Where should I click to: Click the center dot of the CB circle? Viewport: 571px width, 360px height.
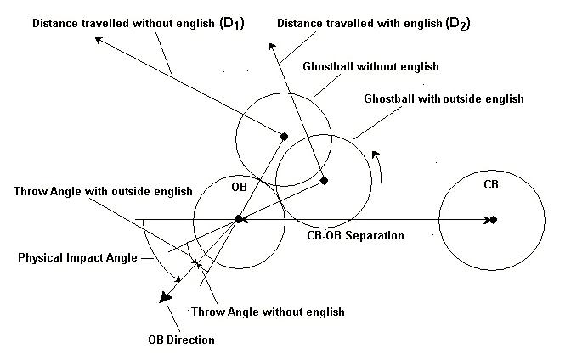[x=493, y=220]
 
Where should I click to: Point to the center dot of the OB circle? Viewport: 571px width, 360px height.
[x=240, y=220]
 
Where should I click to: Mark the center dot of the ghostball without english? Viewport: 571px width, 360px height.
[x=285, y=134]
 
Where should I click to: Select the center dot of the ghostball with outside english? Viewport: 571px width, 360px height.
[x=324, y=180]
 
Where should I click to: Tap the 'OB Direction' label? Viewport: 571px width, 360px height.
[x=181, y=340]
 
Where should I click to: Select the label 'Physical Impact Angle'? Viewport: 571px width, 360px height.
[x=79, y=257]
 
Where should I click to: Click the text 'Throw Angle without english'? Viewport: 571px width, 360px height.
[x=268, y=312]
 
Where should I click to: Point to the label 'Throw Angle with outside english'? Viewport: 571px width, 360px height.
[x=103, y=190]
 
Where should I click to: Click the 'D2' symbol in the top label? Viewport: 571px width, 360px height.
[x=457, y=25]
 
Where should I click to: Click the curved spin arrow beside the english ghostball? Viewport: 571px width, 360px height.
[x=382, y=166]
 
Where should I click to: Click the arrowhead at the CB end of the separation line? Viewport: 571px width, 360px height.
[x=488, y=220]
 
